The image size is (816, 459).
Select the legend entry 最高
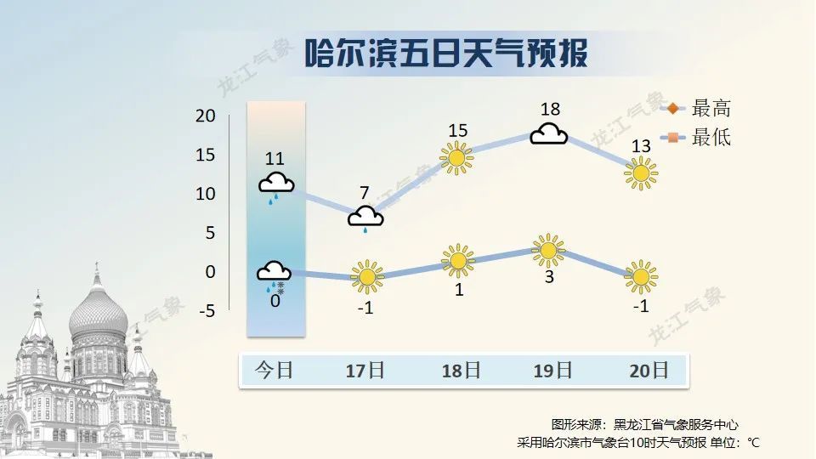tap(711, 108)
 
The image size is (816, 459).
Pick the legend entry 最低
tap(711, 137)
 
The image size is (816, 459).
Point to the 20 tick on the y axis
tap(206, 116)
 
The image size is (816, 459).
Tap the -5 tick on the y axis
tap(206, 311)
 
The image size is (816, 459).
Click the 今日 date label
tap(275, 371)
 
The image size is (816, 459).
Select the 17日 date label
tap(365, 371)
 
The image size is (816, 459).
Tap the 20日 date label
tap(648, 371)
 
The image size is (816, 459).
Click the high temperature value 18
tap(550, 109)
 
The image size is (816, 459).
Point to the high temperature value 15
tap(458, 130)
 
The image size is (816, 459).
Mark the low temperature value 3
tap(549, 277)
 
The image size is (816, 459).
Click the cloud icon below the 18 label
tap(549, 134)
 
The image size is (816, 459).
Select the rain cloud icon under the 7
tap(365, 218)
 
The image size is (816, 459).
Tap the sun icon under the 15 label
tap(456, 157)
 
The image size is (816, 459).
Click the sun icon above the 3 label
tap(548, 250)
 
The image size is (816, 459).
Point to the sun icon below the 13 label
tap(641, 174)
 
